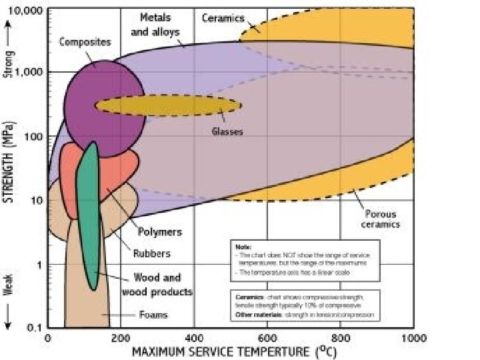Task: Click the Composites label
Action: [85, 42]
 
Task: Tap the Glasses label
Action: [227, 131]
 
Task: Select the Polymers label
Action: [159, 232]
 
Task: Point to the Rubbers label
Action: [151, 253]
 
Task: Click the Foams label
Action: [153, 315]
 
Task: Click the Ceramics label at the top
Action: [223, 18]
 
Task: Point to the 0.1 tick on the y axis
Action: [34, 327]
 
